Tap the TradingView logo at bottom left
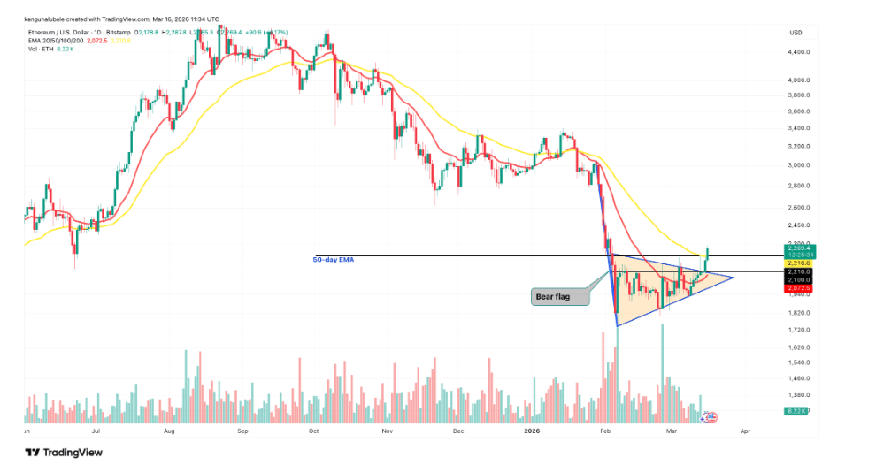64,452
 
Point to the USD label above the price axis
795,33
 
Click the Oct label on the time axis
314,431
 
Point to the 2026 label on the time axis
532,431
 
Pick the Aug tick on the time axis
170,431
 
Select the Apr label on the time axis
744,431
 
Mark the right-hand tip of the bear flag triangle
734,278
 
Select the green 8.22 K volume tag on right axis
798,412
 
